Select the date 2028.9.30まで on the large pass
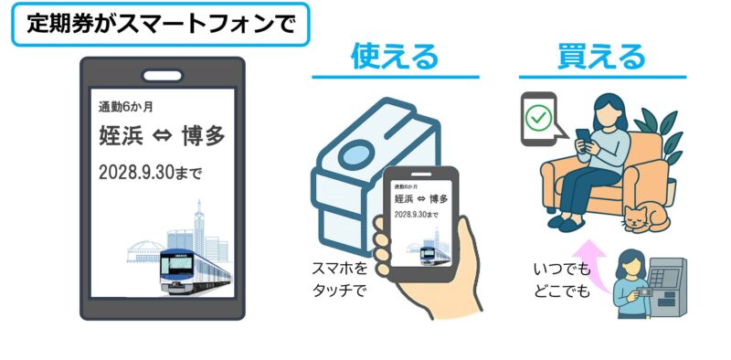pyautogui.click(x=151, y=171)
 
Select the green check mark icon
pyautogui.click(x=540, y=116)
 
